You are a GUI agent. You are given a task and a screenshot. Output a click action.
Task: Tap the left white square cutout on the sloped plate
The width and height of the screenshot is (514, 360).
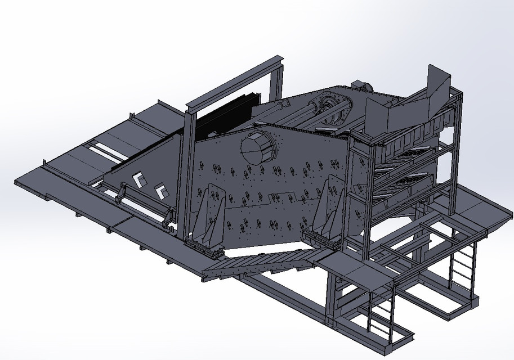137,179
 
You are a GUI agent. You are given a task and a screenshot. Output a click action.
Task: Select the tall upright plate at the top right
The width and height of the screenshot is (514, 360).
438,82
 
